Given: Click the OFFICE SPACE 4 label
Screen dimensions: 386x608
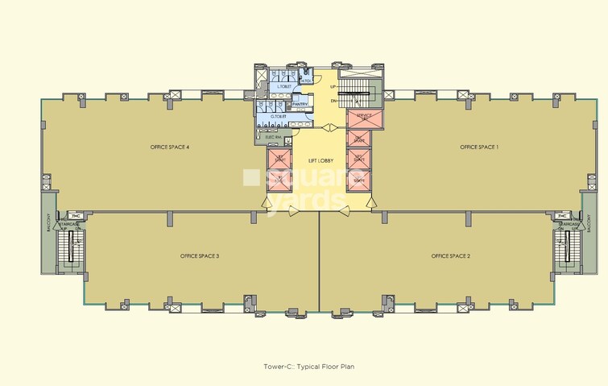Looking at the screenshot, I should tap(169, 147).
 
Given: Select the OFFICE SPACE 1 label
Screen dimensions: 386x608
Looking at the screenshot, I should tap(479, 147).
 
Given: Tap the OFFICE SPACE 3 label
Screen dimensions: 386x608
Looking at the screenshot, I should tap(200, 255).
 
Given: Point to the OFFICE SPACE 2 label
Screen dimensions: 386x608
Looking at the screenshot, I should tap(451, 255).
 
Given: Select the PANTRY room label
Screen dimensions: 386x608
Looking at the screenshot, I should tap(300, 104).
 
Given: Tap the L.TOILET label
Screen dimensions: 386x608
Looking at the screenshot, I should tap(283, 86).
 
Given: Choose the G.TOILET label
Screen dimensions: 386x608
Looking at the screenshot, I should tap(279, 117).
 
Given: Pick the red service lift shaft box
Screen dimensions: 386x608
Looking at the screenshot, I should tap(358, 119).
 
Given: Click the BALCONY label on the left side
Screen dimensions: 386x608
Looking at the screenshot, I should tap(48, 222).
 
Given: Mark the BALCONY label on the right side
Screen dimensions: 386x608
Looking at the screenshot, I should tap(589, 222).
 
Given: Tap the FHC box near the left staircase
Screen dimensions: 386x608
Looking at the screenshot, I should tap(75, 216).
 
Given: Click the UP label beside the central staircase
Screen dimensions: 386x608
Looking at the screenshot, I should tap(333, 86).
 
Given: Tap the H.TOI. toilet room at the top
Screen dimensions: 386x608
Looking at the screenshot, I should tap(306, 80).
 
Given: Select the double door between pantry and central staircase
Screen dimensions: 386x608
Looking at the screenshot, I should tap(329, 127).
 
